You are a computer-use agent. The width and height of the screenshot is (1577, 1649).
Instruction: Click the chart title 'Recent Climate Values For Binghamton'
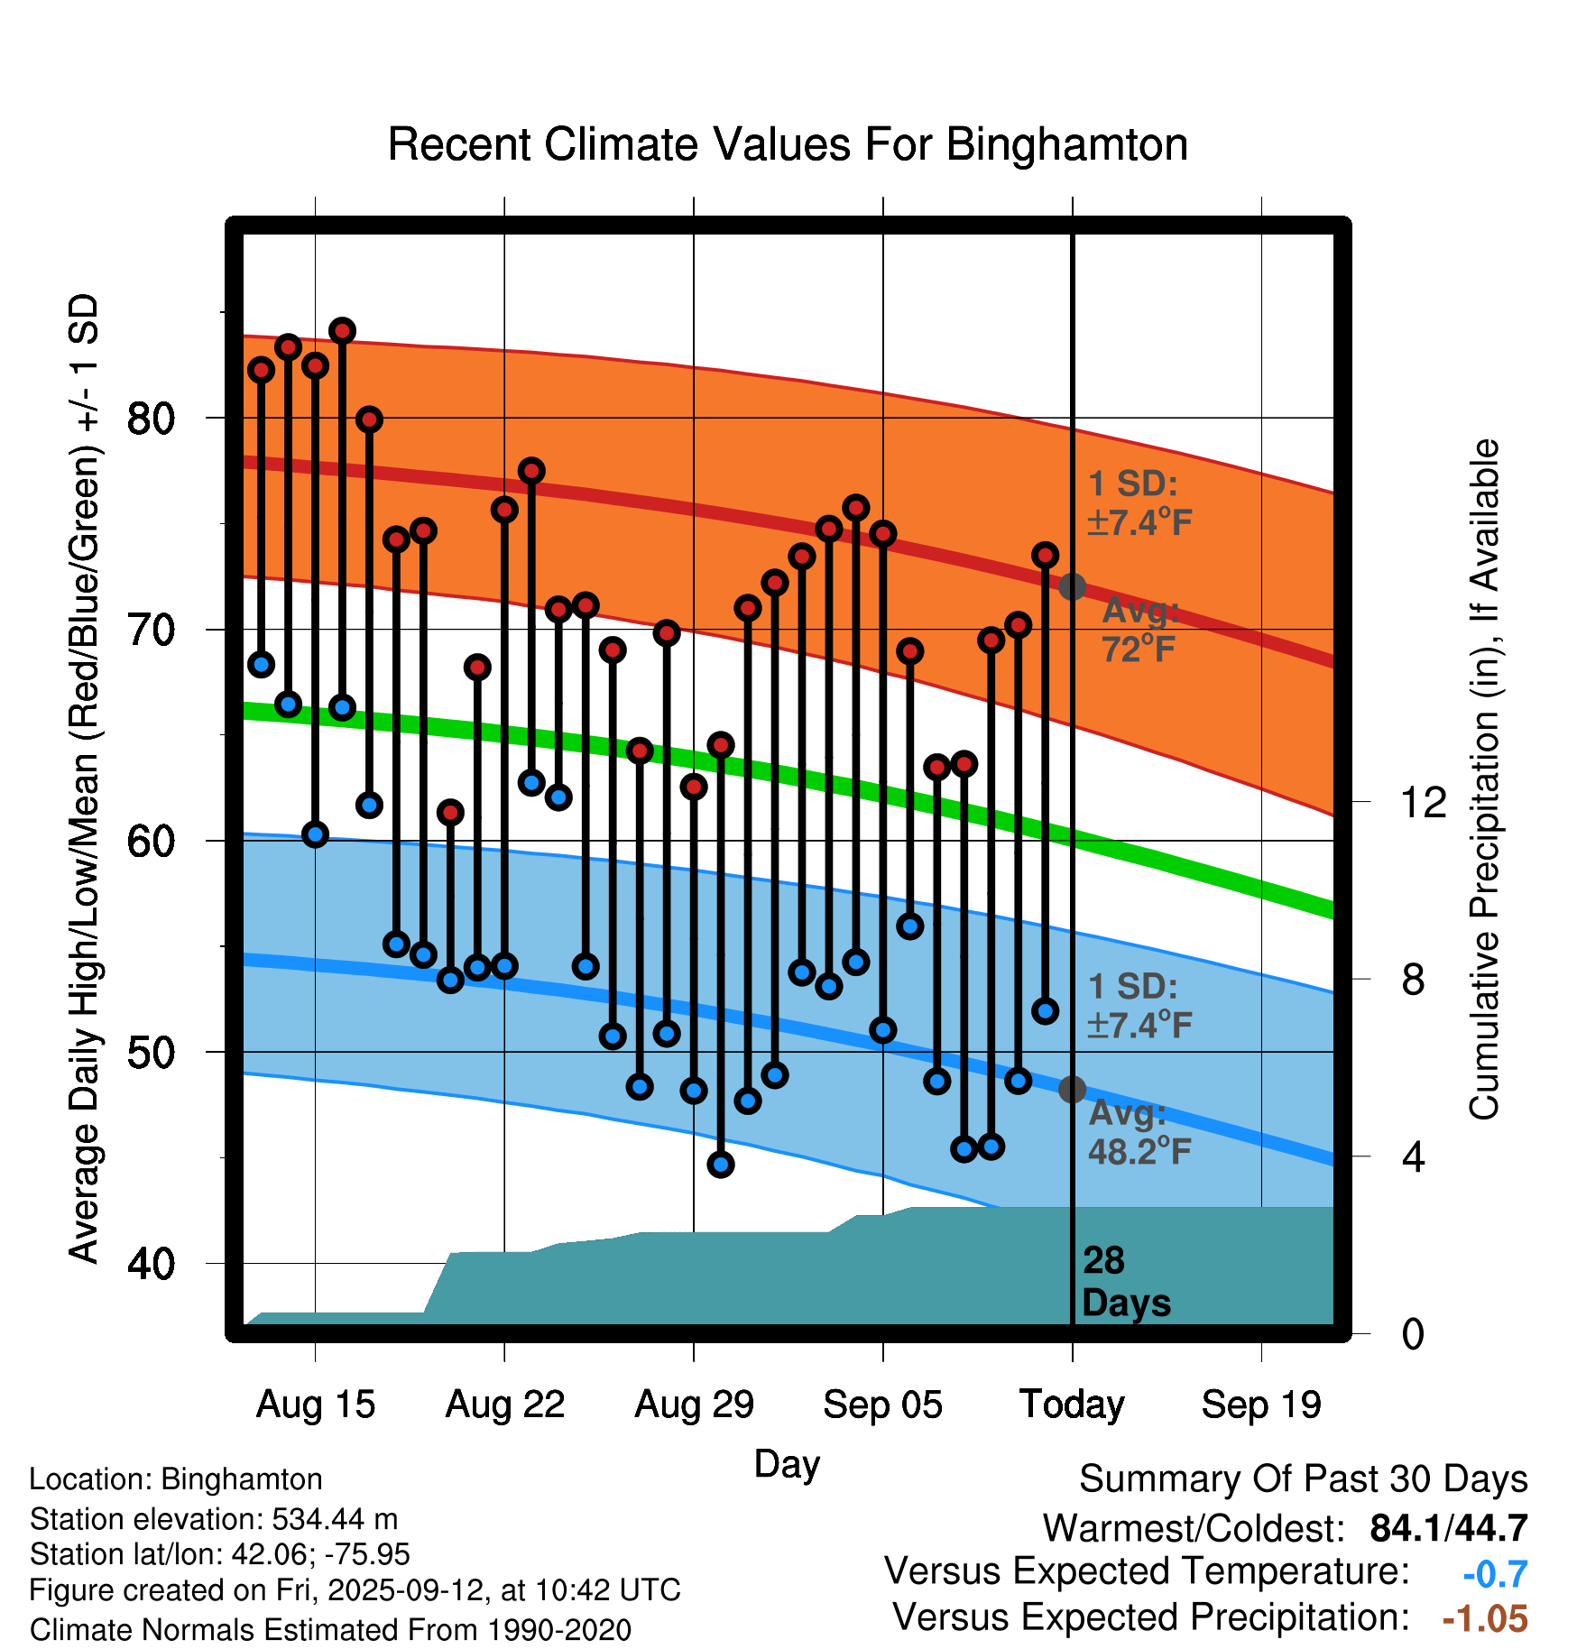(x=788, y=144)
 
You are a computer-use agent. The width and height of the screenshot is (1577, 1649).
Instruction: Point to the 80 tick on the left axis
(x=151, y=418)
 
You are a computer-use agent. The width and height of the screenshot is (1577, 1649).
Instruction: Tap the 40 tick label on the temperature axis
(x=151, y=1264)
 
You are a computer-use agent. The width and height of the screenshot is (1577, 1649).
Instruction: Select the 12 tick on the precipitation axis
(x=1423, y=802)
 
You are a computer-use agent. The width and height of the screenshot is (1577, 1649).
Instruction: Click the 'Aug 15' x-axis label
(x=315, y=1405)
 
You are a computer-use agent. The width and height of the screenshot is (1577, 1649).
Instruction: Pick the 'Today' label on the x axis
(x=1072, y=1405)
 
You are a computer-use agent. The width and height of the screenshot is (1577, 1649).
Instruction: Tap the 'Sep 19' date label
(x=1261, y=1405)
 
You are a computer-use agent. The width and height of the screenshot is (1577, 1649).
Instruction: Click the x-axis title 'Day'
(x=787, y=1463)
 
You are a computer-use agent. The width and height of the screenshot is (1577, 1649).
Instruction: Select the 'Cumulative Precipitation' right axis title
(x=1484, y=780)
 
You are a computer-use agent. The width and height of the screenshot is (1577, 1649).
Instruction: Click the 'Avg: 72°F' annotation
(x=1139, y=630)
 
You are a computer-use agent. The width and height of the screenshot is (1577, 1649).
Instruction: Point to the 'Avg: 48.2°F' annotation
(x=1139, y=1132)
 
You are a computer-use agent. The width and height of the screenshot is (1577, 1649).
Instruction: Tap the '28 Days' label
(x=1125, y=1282)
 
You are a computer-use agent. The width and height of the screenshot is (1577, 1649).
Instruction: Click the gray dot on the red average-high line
(x=1072, y=587)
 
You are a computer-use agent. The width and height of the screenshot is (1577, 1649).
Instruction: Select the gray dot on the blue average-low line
(x=1072, y=1090)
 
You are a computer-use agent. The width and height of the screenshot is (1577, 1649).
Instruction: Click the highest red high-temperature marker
(x=342, y=331)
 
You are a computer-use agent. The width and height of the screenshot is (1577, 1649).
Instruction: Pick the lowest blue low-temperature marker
(x=721, y=1165)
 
